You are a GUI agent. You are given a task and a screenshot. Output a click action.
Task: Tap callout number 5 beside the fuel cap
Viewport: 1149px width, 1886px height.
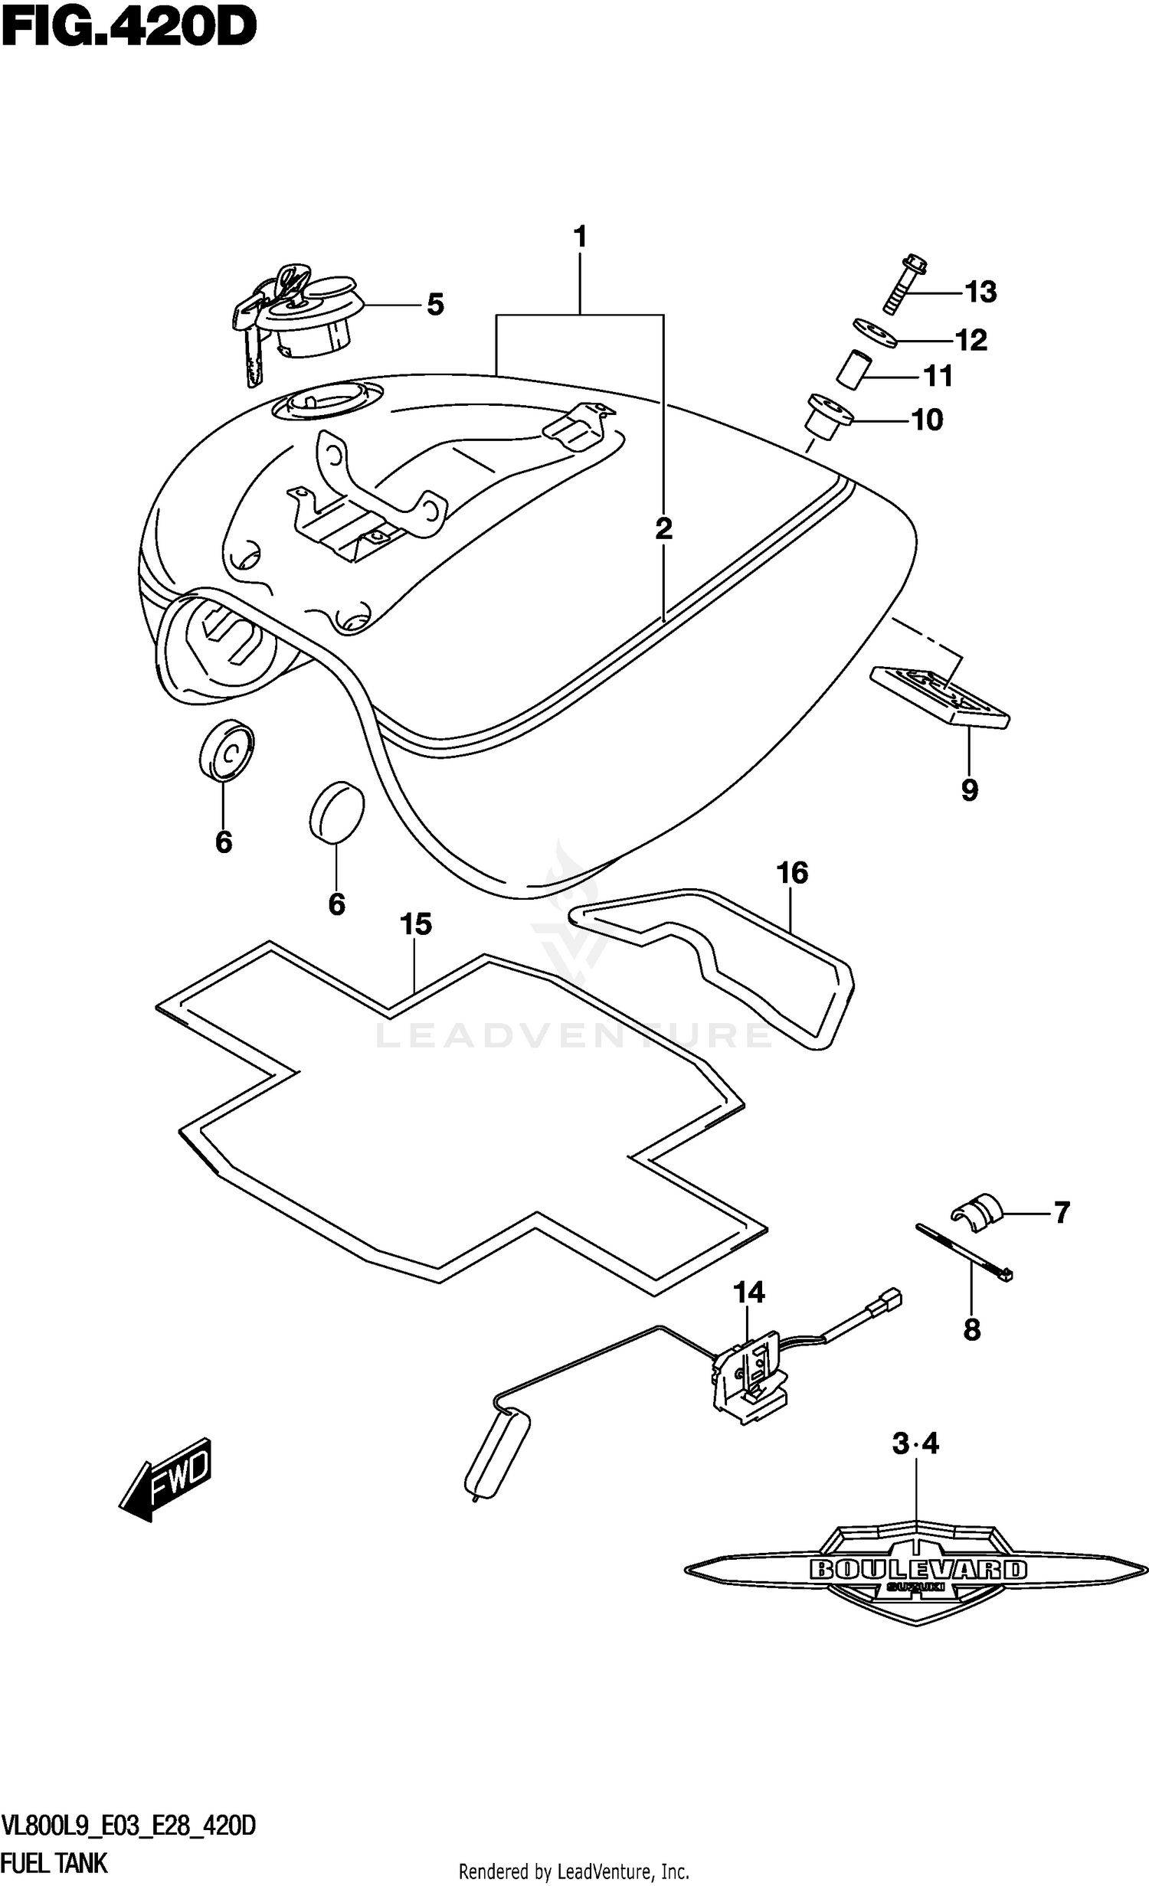point(435,305)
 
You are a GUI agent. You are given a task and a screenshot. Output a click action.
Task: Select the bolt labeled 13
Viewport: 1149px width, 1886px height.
point(905,284)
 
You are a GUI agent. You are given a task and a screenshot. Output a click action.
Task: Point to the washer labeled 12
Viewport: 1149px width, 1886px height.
point(874,332)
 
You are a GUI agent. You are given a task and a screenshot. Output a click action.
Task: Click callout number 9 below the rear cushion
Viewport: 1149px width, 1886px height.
point(969,789)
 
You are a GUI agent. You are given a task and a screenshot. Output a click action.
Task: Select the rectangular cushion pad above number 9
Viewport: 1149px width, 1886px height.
point(940,696)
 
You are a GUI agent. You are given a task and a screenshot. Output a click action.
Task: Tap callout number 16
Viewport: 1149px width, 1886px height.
point(792,872)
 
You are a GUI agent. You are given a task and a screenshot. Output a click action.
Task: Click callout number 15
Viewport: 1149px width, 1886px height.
point(415,924)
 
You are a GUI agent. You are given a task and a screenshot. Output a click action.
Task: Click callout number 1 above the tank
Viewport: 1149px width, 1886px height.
point(580,237)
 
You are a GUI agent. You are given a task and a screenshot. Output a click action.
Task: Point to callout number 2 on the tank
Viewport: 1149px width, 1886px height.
point(663,528)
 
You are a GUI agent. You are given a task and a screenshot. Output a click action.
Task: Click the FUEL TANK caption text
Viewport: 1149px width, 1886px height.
point(54,1861)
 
